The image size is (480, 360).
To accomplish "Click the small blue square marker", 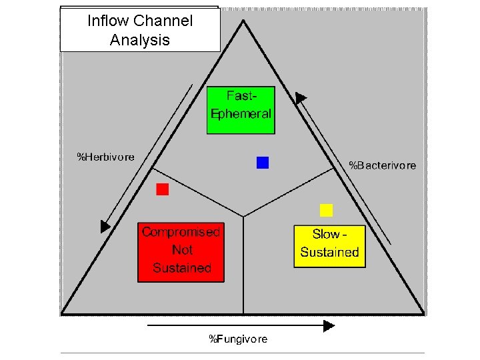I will point(263,162).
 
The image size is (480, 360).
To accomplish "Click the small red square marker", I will point(163,189).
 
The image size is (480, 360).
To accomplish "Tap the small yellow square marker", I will point(326,211).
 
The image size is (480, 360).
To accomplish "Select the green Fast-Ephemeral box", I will point(241,110).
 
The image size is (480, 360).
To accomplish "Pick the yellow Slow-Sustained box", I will point(329,246).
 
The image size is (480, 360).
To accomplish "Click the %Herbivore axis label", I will point(106,157).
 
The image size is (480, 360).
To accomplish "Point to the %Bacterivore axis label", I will point(383,165).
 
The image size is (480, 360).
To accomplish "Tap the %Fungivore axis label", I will point(238,339).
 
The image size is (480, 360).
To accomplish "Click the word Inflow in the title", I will point(108,21).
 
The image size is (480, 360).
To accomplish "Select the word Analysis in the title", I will point(140,40).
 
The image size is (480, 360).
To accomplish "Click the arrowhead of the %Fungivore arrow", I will point(329,326).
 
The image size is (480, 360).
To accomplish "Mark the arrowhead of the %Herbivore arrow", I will point(105,227).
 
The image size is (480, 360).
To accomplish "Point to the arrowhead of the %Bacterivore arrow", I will point(301,98).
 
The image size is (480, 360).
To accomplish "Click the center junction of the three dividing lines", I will point(243,216).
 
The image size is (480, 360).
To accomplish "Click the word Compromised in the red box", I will point(181,233).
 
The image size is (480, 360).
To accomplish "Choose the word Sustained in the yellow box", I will point(329,253).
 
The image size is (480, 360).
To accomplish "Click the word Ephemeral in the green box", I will point(241,113).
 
